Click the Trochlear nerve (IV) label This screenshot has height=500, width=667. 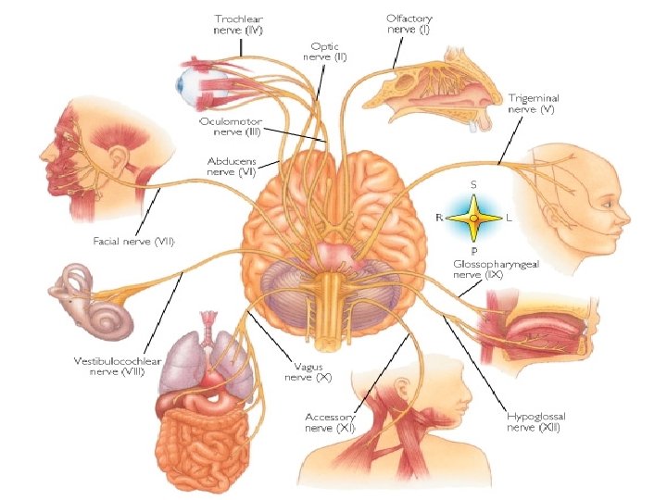[239, 25]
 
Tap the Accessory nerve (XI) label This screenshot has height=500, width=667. [333, 422]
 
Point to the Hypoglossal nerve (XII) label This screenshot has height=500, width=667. [534, 422]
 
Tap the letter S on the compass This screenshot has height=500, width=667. [473, 185]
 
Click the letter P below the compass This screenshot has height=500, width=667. [473, 250]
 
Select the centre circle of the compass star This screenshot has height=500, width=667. [473, 218]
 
